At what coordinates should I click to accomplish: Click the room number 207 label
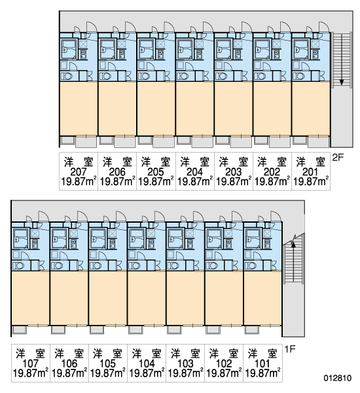[x=79, y=172]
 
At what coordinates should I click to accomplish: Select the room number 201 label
[x=310, y=172]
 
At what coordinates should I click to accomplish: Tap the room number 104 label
[x=147, y=363]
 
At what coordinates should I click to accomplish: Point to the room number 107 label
[x=30, y=363]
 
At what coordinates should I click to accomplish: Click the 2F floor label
[x=338, y=158]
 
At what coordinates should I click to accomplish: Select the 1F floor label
[x=290, y=349]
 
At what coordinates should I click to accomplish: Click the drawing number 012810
[x=338, y=378]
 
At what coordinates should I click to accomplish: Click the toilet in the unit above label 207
[x=67, y=76]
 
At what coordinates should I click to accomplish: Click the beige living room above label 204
[x=194, y=108]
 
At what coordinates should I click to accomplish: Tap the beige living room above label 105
[x=108, y=298]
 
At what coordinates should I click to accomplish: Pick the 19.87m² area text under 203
[x=234, y=181]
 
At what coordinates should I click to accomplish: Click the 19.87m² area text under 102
[x=224, y=373]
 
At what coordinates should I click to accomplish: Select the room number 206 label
[x=117, y=172]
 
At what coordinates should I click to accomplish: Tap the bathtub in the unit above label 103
[x=175, y=239]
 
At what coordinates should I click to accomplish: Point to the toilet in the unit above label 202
[x=261, y=76]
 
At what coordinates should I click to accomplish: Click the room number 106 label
[x=69, y=363]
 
